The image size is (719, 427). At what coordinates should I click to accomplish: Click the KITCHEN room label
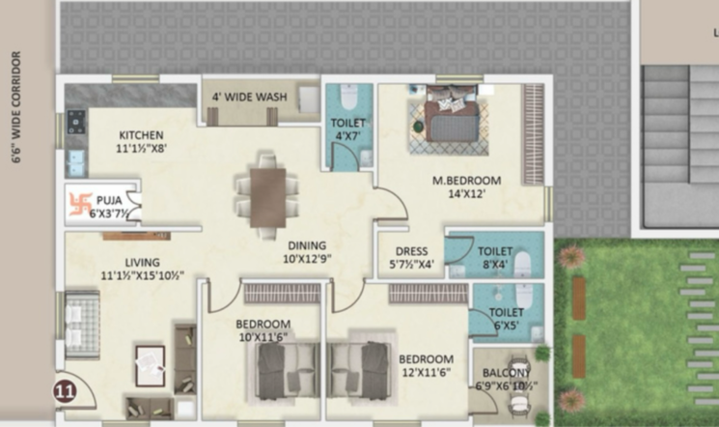pyautogui.click(x=141, y=135)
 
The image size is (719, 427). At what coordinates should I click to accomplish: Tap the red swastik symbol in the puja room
pyautogui.click(x=80, y=203)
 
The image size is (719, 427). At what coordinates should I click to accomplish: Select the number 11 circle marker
pyautogui.click(x=65, y=391)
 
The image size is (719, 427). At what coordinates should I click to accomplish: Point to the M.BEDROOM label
pyautogui.click(x=466, y=181)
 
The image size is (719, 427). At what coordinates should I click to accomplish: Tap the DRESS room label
pyautogui.click(x=411, y=251)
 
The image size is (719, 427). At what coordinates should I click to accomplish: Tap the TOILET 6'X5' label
pyautogui.click(x=506, y=319)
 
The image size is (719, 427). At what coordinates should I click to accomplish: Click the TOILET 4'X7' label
pyautogui.click(x=347, y=129)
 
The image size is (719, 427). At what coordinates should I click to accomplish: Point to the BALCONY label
pyautogui.click(x=506, y=374)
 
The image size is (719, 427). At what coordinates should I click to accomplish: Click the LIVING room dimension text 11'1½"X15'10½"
pyautogui.click(x=142, y=275)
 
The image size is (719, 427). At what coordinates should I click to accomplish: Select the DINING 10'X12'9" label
pyautogui.click(x=305, y=251)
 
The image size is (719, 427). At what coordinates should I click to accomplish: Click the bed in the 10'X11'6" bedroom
pyautogui.click(x=287, y=372)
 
